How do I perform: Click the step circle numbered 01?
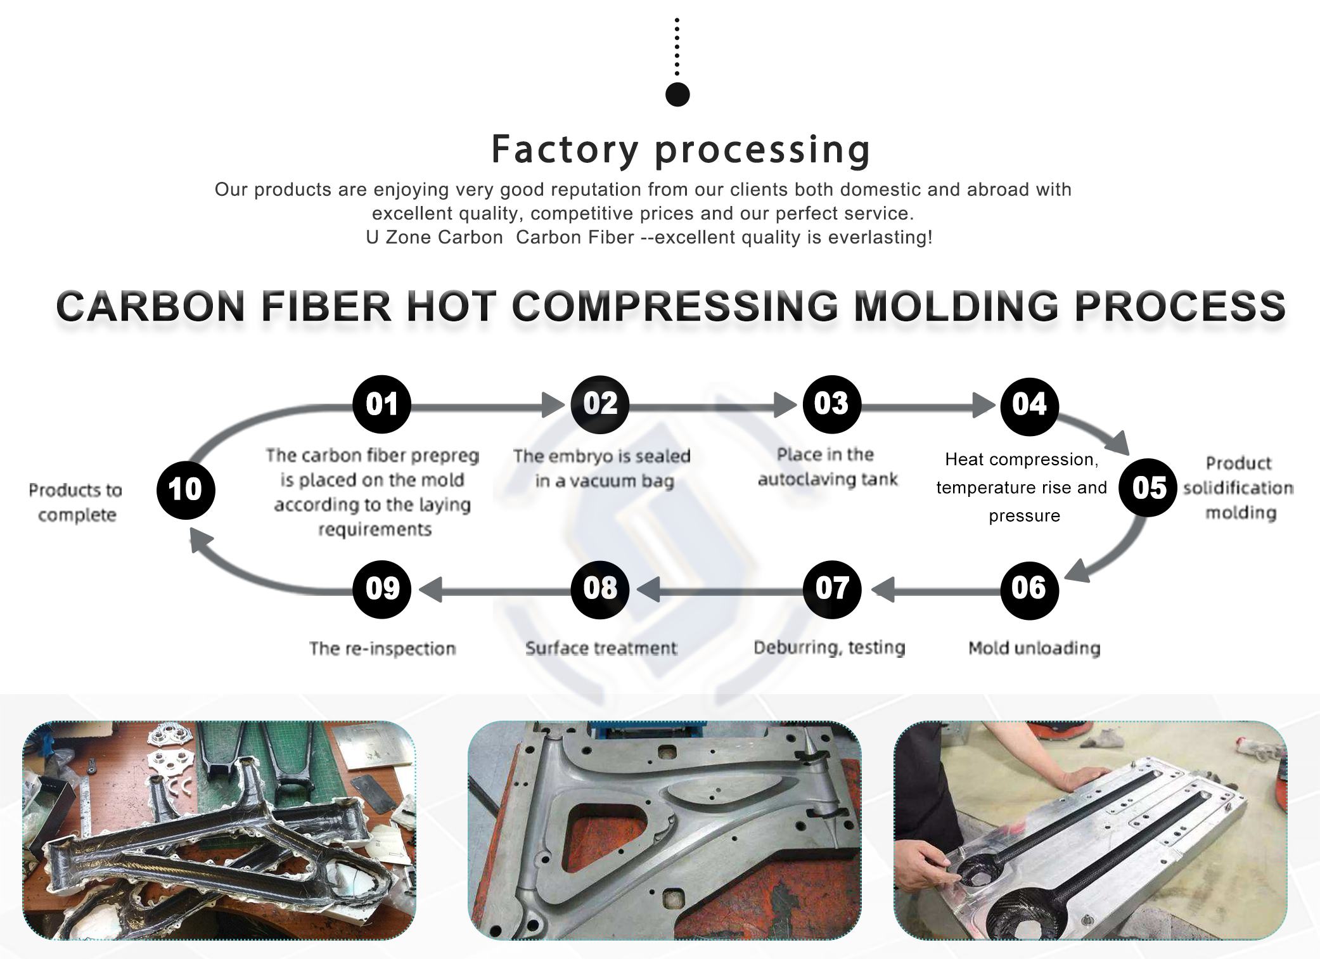(x=381, y=404)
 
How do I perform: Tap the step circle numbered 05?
(x=1148, y=487)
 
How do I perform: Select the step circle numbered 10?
(x=186, y=490)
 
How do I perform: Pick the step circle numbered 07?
(x=832, y=589)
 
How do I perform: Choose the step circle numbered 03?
(x=831, y=404)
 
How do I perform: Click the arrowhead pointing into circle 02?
(x=553, y=404)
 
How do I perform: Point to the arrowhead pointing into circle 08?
(x=649, y=589)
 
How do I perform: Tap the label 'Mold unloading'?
(x=1034, y=648)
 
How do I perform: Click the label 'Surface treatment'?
(x=601, y=648)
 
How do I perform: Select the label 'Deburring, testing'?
(x=829, y=647)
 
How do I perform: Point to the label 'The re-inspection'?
(x=382, y=648)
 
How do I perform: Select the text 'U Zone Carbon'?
(x=434, y=237)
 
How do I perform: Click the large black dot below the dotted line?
(x=677, y=95)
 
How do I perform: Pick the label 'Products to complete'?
(x=75, y=502)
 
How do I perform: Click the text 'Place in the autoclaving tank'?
(x=827, y=467)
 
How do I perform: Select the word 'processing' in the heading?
(x=762, y=150)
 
